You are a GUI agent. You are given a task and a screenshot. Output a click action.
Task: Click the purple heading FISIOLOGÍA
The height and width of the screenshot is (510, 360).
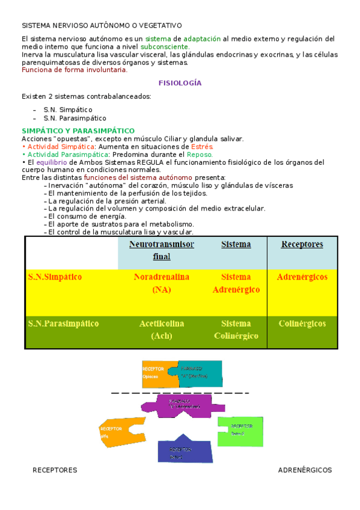[180, 83]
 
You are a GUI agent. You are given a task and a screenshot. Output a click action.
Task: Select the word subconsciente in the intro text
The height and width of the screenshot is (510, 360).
[165, 46]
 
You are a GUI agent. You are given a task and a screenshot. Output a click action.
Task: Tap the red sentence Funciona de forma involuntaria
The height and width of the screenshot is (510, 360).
[75, 70]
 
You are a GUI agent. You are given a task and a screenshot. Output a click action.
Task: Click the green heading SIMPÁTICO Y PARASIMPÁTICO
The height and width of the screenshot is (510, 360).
[78, 131]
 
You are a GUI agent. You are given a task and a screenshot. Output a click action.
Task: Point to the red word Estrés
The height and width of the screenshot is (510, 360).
[202, 147]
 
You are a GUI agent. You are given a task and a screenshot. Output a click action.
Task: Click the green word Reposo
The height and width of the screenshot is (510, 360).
[200, 155]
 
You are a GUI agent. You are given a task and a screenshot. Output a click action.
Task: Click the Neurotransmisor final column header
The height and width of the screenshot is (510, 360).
[162, 250]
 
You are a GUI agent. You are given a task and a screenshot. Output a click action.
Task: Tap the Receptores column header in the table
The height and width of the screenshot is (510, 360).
[302, 244]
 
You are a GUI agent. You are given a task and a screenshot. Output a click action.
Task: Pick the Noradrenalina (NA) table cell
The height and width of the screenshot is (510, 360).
[162, 283]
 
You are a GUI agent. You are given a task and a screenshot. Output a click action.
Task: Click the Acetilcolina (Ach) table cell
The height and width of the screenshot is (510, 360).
[162, 330]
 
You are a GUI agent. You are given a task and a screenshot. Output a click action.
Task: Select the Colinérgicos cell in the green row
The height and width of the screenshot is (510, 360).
[302, 324]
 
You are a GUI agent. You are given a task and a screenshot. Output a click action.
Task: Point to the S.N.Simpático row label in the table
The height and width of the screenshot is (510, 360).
[55, 277]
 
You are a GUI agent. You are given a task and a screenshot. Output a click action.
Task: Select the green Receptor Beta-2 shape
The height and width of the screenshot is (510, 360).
[240, 431]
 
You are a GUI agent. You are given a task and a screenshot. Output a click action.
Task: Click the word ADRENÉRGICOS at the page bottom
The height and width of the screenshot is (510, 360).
[305, 470]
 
